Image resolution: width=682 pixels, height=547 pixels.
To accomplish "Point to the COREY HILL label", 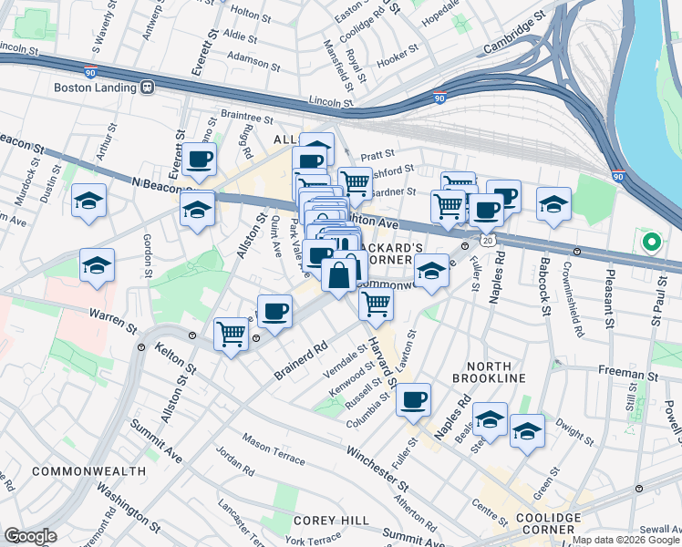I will (331, 520).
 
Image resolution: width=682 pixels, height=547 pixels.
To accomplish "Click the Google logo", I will (30, 536).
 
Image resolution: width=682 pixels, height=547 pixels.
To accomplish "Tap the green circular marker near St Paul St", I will (651, 243).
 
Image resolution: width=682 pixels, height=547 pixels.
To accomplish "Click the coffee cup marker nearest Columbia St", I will (413, 399).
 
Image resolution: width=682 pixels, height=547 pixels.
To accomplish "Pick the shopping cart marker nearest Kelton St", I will (232, 334).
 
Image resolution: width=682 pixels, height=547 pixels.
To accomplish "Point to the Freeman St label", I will (628, 373).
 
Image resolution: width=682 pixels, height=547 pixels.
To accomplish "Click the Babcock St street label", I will (545, 289).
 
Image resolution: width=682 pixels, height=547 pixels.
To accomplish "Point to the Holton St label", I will (248, 11).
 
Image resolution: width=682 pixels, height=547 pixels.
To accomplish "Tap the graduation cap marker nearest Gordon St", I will (97, 266).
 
